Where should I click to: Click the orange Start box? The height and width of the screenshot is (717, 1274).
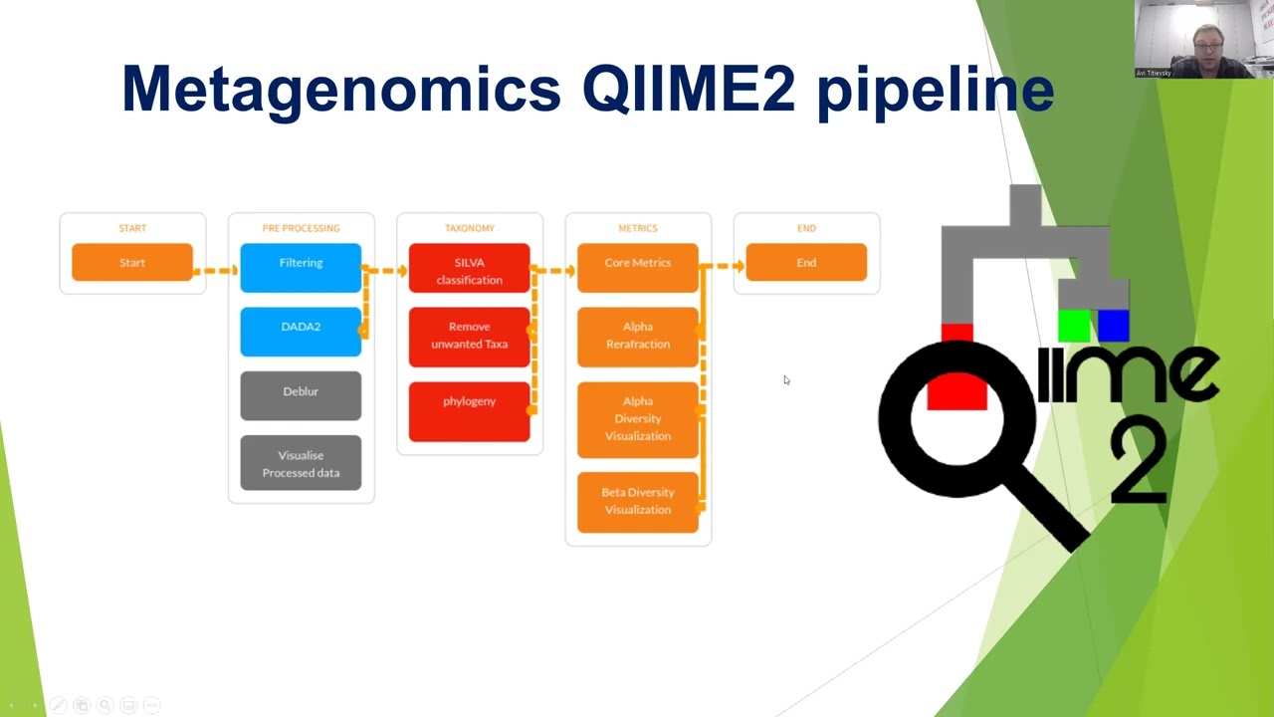click(132, 263)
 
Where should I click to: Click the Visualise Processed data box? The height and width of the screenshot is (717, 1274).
click(301, 463)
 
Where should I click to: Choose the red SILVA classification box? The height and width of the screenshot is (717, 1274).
click(469, 269)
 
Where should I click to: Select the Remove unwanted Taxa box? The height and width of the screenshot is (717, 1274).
click(469, 337)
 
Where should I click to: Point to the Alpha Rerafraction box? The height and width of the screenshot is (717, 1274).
click(638, 337)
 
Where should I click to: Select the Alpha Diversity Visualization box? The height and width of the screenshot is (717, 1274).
click(638, 418)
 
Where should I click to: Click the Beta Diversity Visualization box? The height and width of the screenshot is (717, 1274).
click(638, 501)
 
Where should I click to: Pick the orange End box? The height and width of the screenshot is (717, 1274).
click(806, 263)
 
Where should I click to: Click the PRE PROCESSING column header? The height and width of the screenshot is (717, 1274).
click(301, 228)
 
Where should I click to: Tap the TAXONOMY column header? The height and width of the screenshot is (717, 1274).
click(469, 228)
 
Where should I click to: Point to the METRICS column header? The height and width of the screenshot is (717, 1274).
click(638, 228)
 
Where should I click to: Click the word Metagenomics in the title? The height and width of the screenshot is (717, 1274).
click(340, 90)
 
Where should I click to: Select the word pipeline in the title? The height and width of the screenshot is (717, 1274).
click(935, 90)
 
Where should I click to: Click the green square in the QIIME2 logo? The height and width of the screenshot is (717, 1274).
click(1074, 326)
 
